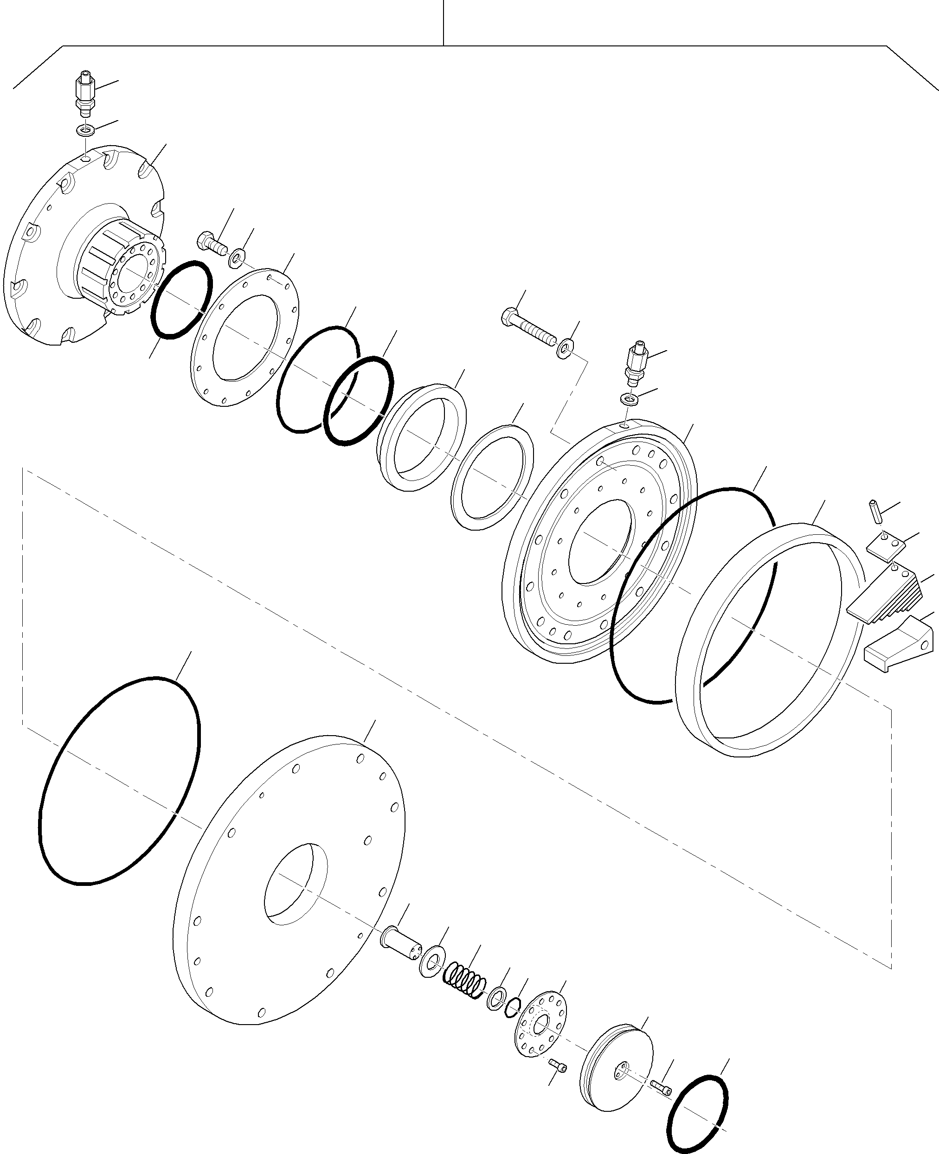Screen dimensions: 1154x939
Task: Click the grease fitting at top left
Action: (84, 94)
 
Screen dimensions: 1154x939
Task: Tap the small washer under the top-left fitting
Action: (85, 130)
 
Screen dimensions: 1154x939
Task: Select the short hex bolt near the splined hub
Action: (213, 244)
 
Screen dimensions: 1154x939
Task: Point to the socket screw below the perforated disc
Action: (559, 1065)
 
